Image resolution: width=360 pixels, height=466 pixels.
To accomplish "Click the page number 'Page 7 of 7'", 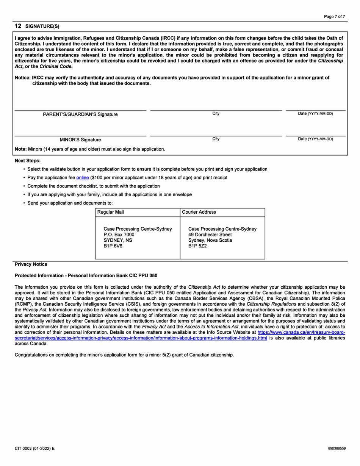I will pos(335,17).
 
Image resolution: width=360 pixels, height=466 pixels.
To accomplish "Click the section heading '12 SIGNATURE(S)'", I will pos(37,26).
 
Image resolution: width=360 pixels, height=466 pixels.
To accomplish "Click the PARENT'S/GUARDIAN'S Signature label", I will pos(80,114).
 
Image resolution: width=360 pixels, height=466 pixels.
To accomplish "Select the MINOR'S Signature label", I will pos(80,139).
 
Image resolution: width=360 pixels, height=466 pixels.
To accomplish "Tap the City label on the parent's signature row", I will pos(216,114).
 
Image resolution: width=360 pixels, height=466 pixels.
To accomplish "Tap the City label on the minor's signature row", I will pos(216,139).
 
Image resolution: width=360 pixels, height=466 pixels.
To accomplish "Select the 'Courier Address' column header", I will pos(199,212).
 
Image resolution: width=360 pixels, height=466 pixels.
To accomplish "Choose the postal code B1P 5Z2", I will pos(197,246).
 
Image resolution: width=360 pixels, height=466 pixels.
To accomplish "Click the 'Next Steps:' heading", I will pos(27,161).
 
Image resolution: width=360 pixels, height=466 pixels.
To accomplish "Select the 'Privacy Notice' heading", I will pos(31,264).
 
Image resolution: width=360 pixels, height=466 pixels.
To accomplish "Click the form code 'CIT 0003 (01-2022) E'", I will pos(34,448).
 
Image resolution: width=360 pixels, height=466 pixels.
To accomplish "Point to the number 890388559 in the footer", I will pos(337,448).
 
